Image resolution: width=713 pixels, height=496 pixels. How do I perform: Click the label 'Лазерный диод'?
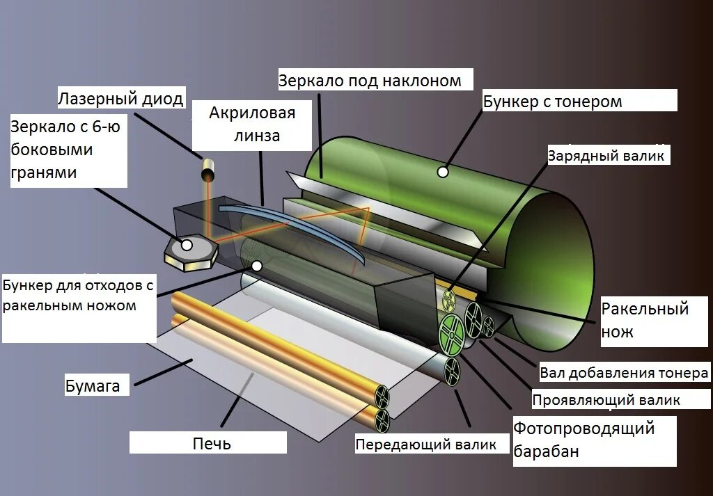pos(120,99)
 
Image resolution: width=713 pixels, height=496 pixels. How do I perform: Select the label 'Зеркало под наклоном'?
pos(370,81)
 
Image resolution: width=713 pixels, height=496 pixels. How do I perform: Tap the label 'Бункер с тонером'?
pos(552,102)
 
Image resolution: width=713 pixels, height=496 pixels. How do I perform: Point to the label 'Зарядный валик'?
pos(606,155)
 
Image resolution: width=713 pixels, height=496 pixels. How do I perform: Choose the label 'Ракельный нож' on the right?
pos(645,319)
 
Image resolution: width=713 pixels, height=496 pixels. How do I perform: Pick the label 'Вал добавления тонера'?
pos(624,374)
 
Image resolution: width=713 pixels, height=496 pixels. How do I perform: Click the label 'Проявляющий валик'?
pos(606,400)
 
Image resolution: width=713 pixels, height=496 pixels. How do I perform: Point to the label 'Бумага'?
pos(93,385)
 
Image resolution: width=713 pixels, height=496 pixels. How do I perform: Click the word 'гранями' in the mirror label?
pos(43,173)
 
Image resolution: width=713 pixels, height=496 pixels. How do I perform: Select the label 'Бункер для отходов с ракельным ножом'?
pos(78,295)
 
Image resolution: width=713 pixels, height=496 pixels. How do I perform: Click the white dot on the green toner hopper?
pos(442,172)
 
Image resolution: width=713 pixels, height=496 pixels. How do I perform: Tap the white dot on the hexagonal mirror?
pos(186,245)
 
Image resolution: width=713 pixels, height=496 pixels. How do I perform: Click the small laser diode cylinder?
pos(208,168)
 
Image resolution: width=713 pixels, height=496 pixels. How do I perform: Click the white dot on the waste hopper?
pos(257,266)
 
